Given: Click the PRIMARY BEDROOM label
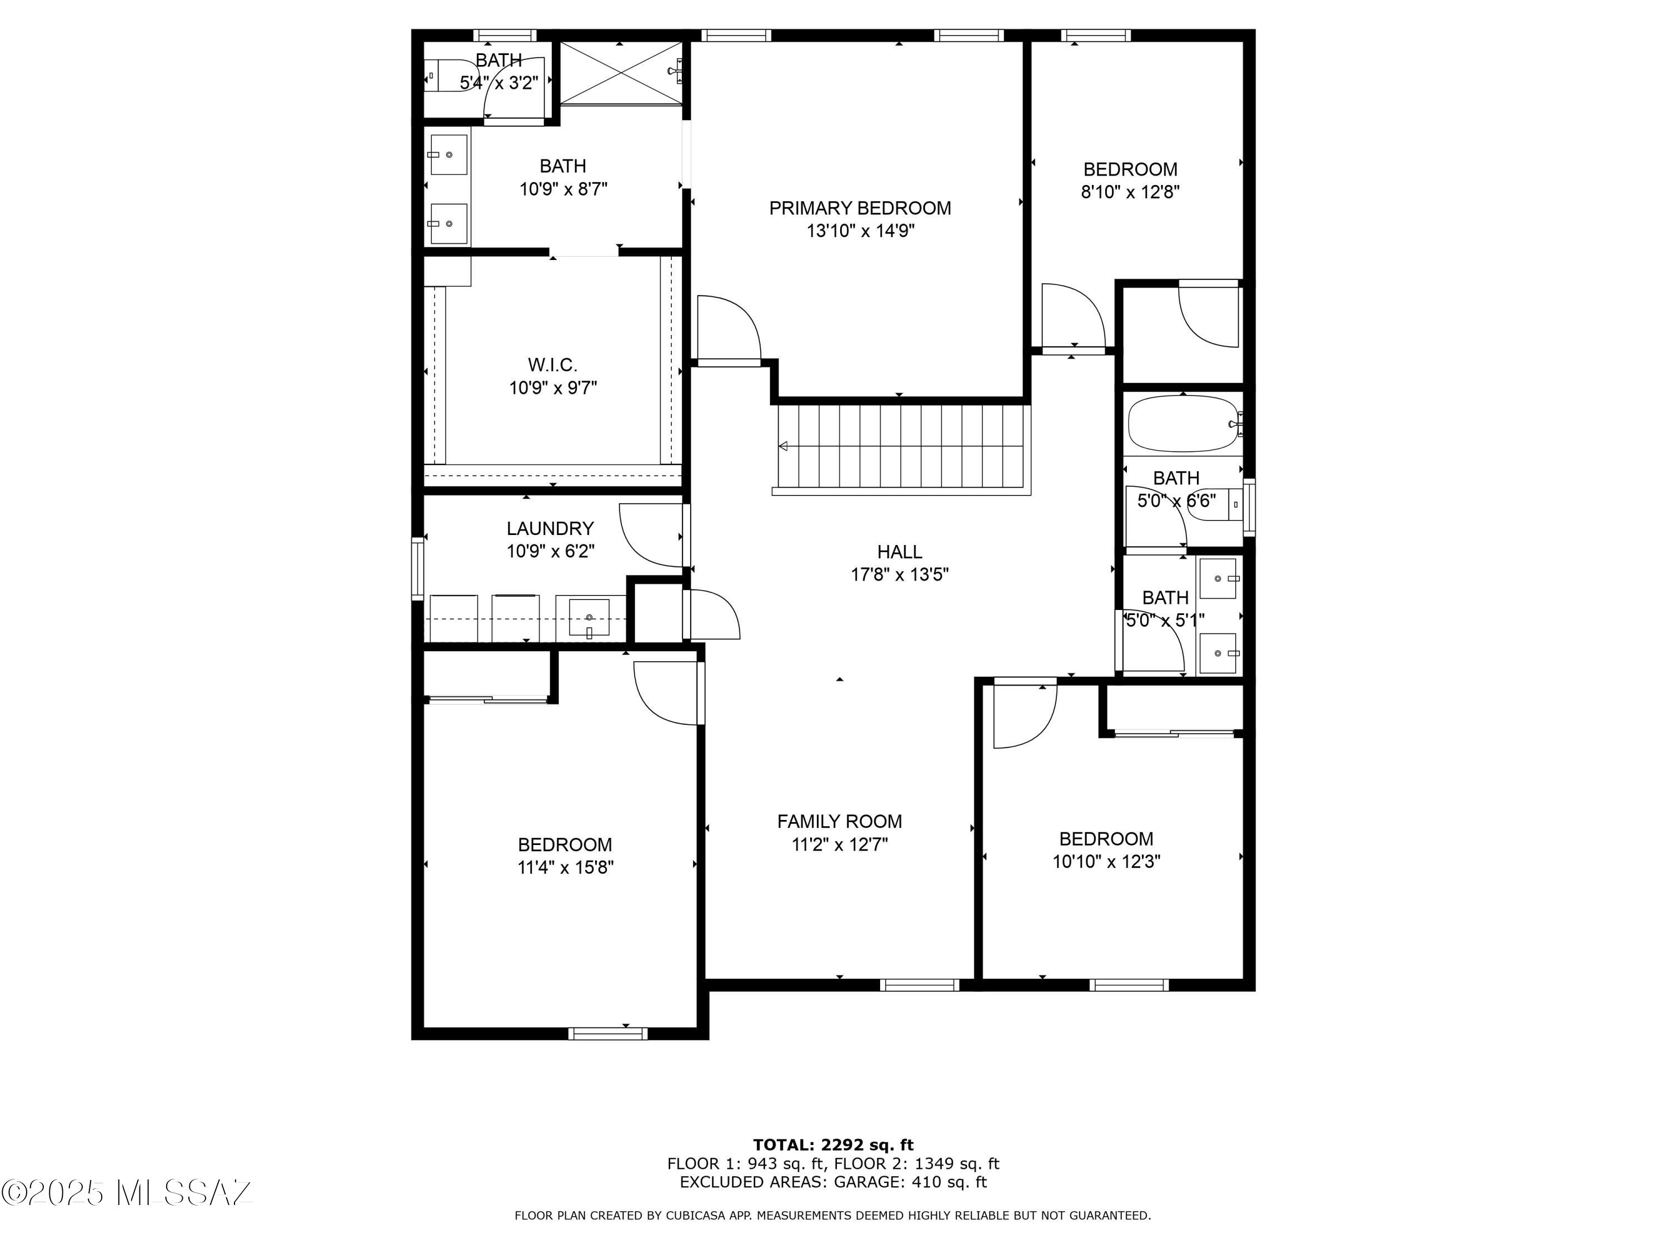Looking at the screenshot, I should [860, 208].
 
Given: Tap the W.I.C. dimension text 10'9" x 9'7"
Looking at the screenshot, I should [552, 388].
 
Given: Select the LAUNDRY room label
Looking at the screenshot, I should [550, 528].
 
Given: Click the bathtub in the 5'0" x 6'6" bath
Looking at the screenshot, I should [1182, 423].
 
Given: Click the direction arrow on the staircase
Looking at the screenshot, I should [783, 446].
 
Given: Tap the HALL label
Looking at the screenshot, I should [899, 552].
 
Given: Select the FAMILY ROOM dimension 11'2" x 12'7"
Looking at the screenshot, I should [840, 844].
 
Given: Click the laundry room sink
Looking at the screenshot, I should [588, 617].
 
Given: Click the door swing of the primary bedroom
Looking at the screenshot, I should [728, 328].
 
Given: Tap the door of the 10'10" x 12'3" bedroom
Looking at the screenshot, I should [1024, 715].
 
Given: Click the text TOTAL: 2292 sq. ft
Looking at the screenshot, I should [833, 1145].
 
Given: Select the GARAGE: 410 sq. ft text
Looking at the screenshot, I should [909, 1182].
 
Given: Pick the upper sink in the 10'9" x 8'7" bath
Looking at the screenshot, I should [448, 154].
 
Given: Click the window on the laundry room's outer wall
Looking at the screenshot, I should [417, 569].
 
